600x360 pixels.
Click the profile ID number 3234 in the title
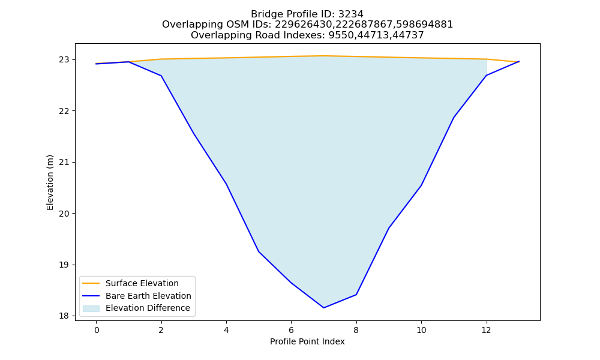click(350, 14)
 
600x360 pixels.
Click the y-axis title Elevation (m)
click(50, 182)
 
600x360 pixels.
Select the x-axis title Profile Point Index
click(307, 341)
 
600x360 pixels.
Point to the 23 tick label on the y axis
click(64, 59)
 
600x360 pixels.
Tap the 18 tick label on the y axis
click(64, 316)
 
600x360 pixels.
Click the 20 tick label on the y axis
click(64, 214)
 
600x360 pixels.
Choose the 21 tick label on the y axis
click(64, 162)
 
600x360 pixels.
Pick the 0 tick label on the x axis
click(97, 330)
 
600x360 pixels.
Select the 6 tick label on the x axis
click(291, 330)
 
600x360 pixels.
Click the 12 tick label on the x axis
click(486, 330)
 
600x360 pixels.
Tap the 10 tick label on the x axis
click(421, 330)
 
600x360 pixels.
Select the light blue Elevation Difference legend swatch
click(91, 308)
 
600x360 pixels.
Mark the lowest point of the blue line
click(324, 308)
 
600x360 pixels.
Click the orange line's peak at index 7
click(324, 56)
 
